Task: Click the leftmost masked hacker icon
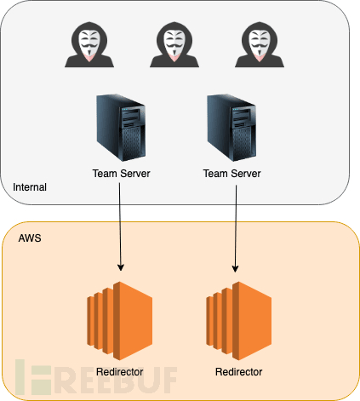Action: [89, 44]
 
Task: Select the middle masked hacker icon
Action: [174, 44]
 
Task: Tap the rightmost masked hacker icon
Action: [260, 44]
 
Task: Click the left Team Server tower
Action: [121, 128]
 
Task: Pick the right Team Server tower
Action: [231, 128]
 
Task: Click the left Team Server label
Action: [121, 174]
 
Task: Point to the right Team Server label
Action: [231, 174]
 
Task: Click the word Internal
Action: [30, 187]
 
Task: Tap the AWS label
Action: [30, 238]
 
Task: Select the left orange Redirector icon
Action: [120, 321]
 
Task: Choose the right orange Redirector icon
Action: [239, 321]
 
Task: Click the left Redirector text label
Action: [120, 372]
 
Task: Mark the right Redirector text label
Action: [239, 372]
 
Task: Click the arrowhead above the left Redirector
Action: [121, 267]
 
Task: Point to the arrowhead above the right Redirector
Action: [235, 268]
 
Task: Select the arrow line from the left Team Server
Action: [120, 227]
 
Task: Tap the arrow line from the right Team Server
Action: [236, 229]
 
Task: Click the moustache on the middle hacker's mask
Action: [174, 46]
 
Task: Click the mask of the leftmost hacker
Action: [89, 43]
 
